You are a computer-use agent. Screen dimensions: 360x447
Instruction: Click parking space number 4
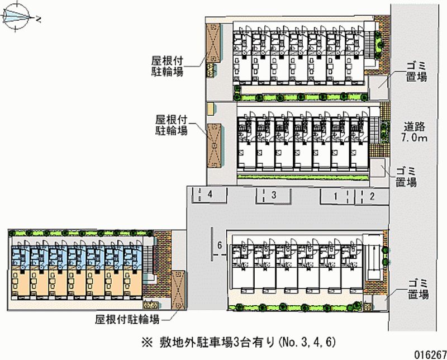tap(210, 195)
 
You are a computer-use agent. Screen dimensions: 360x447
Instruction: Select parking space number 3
tap(274, 195)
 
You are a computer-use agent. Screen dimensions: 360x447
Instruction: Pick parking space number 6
tap(221, 245)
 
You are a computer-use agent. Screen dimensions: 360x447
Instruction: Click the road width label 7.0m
tap(414, 138)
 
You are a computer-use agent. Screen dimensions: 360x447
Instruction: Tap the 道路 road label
tap(414, 126)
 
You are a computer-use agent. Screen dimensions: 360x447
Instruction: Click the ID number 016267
tap(427, 353)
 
